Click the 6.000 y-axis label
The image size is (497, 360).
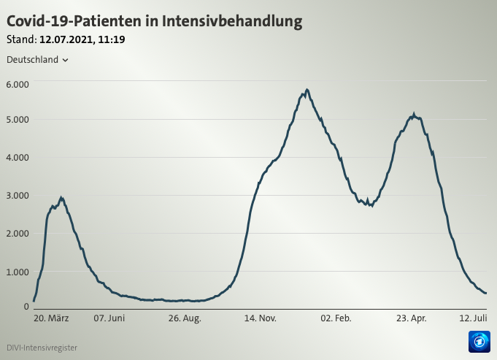[17, 84]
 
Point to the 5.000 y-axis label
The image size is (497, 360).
[17, 119]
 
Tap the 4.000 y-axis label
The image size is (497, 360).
[17, 157]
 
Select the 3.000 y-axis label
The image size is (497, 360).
[17, 195]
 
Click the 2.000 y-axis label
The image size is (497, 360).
[17, 233]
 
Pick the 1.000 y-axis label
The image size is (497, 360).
[17, 272]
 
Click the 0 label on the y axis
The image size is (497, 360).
[26, 306]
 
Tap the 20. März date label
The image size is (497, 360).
[51, 318]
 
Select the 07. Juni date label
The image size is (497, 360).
[110, 318]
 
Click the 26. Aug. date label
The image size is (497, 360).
[185, 318]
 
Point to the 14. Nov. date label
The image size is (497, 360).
[260, 318]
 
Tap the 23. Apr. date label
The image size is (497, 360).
[412, 318]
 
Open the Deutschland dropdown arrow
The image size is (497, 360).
[66, 60]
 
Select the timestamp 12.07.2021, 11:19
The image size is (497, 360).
[82, 39]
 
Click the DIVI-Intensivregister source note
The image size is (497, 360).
[42, 348]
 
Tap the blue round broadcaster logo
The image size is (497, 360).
[479, 341]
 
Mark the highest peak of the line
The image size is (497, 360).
[307, 90]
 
